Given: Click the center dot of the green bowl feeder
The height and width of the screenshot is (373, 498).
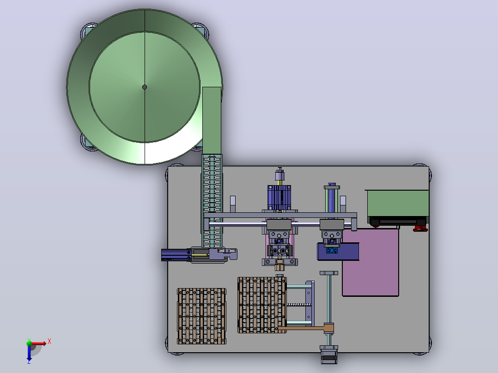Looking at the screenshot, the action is click(145, 87).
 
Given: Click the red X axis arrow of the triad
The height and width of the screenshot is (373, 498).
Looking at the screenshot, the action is click(38, 343).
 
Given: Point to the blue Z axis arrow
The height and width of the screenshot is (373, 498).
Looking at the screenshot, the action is click(29, 352).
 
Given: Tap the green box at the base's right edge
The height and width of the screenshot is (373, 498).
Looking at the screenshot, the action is click(398, 203).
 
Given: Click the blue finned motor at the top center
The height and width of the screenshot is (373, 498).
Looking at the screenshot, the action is click(279, 198).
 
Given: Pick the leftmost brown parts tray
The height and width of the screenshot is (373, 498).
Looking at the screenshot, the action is click(202, 316).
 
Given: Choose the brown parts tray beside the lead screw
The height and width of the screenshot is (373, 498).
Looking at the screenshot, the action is click(262, 305).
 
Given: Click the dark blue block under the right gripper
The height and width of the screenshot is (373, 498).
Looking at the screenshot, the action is click(338, 252).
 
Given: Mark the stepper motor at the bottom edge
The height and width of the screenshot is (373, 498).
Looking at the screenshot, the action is click(329, 355).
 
